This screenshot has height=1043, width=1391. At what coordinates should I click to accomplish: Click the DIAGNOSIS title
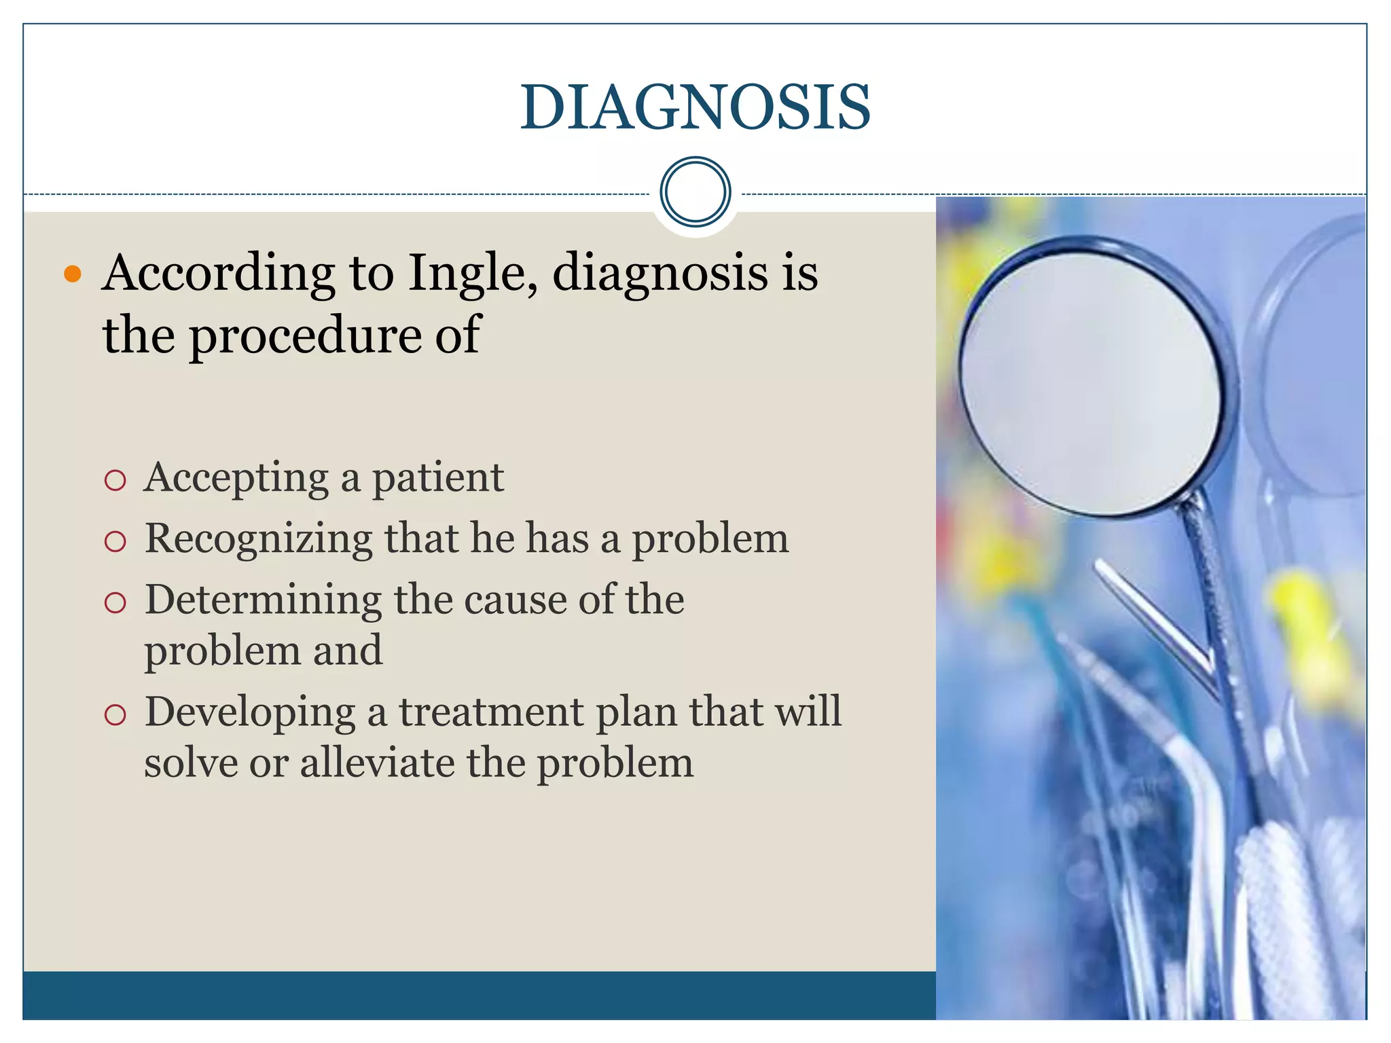[695, 107]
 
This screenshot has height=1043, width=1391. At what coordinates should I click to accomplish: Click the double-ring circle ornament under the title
[695, 191]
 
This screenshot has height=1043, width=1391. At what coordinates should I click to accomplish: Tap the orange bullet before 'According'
[72, 274]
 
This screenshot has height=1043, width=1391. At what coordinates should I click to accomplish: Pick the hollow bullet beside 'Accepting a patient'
[115, 481]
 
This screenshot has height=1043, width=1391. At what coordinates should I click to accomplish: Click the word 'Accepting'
[236, 478]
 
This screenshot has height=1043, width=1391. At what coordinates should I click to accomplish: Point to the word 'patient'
[437, 478]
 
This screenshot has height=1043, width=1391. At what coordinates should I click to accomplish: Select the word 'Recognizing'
[258, 540]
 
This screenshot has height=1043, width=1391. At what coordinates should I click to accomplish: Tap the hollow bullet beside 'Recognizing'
[115, 542]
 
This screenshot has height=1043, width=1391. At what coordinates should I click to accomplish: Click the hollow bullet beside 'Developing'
[115, 714]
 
